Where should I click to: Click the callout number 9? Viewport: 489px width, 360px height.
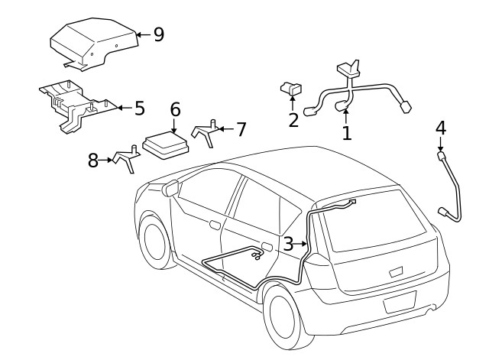click(x=158, y=34)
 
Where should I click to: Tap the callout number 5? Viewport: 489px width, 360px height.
click(x=139, y=108)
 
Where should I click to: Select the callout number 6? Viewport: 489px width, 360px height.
click(x=175, y=109)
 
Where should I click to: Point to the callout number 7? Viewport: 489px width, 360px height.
click(x=241, y=129)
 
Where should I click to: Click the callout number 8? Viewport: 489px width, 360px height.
click(x=93, y=161)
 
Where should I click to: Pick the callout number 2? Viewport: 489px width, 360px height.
click(x=293, y=119)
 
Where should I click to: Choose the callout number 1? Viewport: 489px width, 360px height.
click(x=346, y=133)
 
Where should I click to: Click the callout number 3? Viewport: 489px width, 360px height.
click(x=288, y=244)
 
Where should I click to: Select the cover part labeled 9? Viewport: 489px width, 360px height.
click(x=93, y=44)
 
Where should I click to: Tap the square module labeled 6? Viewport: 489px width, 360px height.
click(x=164, y=144)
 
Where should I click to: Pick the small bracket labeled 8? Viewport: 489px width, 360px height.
click(x=128, y=157)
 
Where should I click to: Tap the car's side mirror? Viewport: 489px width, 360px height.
click(x=170, y=187)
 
